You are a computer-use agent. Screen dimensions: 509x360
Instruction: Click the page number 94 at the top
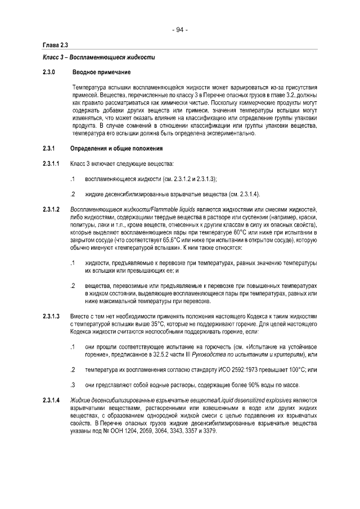(x=180, y=29)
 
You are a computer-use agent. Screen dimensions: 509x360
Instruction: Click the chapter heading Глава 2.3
(x=55, y=45)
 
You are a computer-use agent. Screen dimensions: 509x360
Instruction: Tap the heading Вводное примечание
(x=101, y=73)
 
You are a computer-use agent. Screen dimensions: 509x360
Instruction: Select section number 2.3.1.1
(x=51, y=164)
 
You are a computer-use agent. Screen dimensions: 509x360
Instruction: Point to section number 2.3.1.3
(x=51, y=317)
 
